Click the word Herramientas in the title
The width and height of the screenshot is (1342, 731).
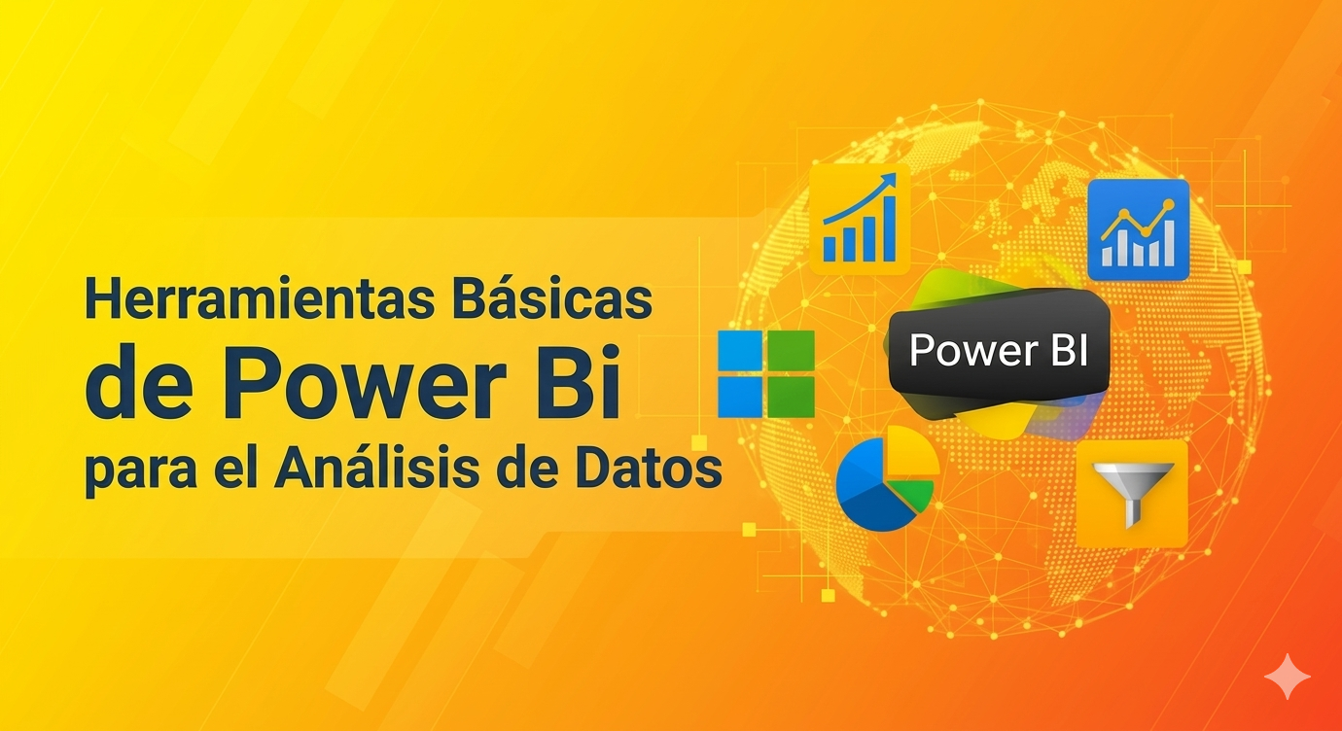260,298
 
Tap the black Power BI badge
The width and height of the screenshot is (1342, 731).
999,350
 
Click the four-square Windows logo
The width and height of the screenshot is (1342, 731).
766,373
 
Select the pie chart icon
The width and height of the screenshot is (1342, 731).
887,479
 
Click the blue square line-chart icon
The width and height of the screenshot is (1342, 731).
1139,230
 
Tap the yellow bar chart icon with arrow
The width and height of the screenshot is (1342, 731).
860,219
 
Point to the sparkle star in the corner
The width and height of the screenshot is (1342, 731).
1288,678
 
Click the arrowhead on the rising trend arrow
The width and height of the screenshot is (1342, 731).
889,180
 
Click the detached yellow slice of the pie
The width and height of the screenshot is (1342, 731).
913,451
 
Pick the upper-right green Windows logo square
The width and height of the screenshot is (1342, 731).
792,350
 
